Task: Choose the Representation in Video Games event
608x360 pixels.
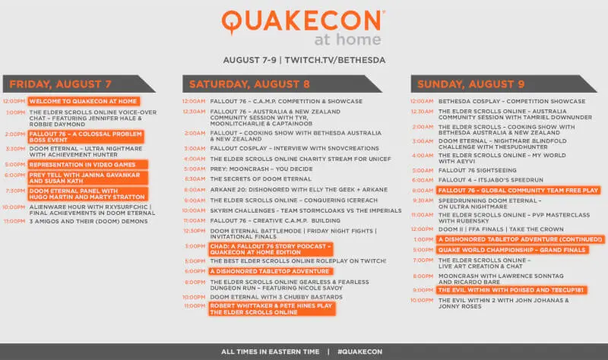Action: click(87, 163)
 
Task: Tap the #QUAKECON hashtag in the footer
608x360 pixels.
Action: click(359, 352)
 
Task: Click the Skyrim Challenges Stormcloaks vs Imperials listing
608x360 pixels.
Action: click(294, 210)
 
